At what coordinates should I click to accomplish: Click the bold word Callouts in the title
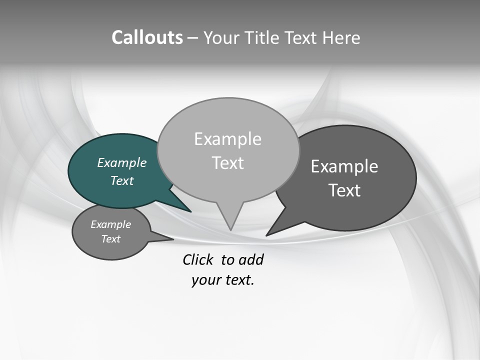tap(147, 37)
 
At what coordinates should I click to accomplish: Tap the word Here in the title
tap(341, 37)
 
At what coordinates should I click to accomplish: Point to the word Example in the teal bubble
tap(121, 162)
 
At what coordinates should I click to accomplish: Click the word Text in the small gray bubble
tap(111, 239)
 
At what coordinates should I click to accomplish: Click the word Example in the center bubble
tap(228, 139)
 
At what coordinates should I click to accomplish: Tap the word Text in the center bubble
tap(228, 163)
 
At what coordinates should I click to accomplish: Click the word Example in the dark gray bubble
tap(344, 166)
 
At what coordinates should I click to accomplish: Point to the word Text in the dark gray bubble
tap(344, 190)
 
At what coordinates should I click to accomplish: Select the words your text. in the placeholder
tap(223, 280)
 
